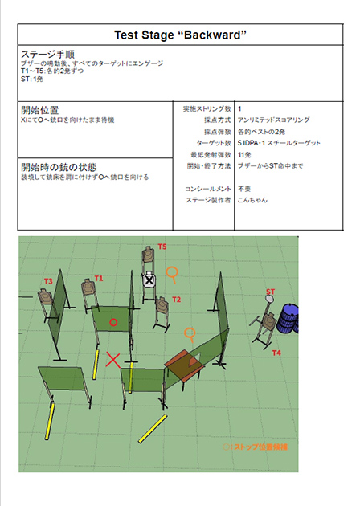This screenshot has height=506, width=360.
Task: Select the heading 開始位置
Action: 39,109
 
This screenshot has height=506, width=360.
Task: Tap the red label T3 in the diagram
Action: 48,281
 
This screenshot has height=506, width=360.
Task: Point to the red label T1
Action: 99,278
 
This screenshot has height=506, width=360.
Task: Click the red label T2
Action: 177,300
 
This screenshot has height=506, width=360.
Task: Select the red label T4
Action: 276,353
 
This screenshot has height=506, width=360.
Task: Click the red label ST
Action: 270,291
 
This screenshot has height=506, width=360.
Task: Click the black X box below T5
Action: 149,280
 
